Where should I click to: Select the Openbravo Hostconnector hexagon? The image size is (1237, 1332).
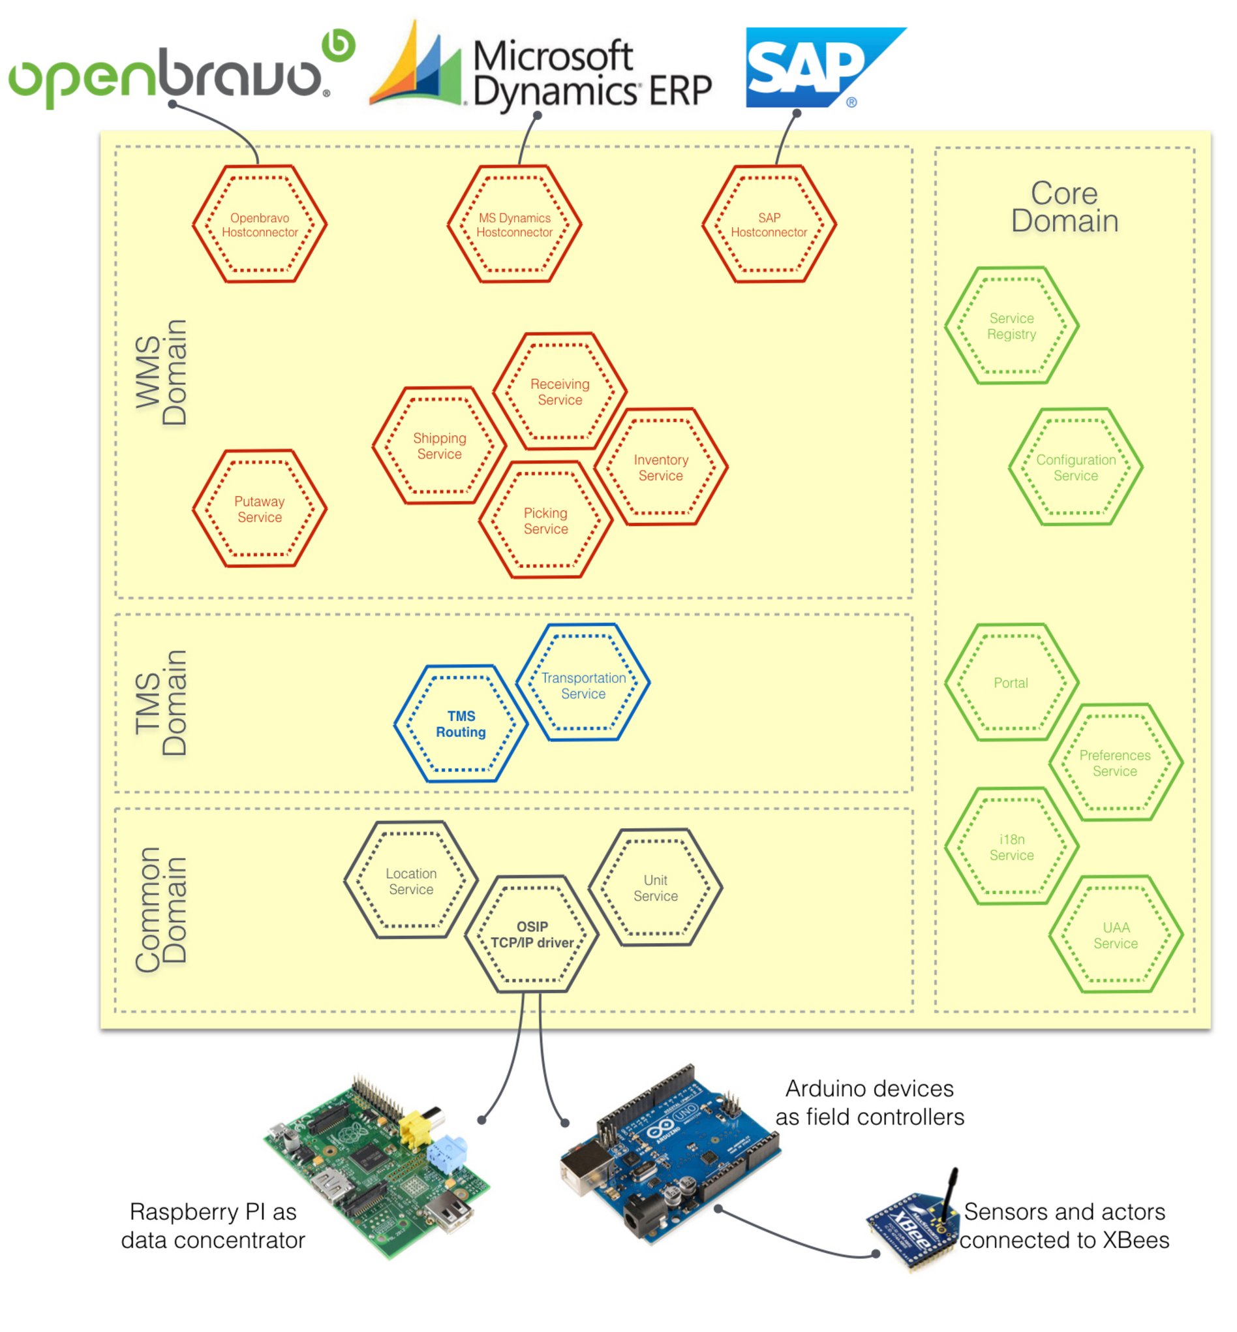tap(260, 225)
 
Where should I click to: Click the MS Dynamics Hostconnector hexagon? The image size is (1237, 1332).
tap(514, 225)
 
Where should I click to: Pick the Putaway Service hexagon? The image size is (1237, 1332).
tap(260, 509)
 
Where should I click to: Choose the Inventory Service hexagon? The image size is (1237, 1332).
tap(661, 467)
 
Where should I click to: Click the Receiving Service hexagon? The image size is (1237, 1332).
tap(560, 391)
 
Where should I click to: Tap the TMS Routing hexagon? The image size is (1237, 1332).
tap(461, 723)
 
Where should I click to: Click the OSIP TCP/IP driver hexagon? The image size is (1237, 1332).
tap(532, 933)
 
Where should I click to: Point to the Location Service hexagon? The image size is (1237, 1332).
tap(411, 880)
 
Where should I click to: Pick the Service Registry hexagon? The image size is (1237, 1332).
tap(1011, 326)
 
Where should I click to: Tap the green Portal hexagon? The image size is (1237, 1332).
tap(1011, 683)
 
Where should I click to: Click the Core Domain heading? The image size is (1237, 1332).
tap(1064, 207)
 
